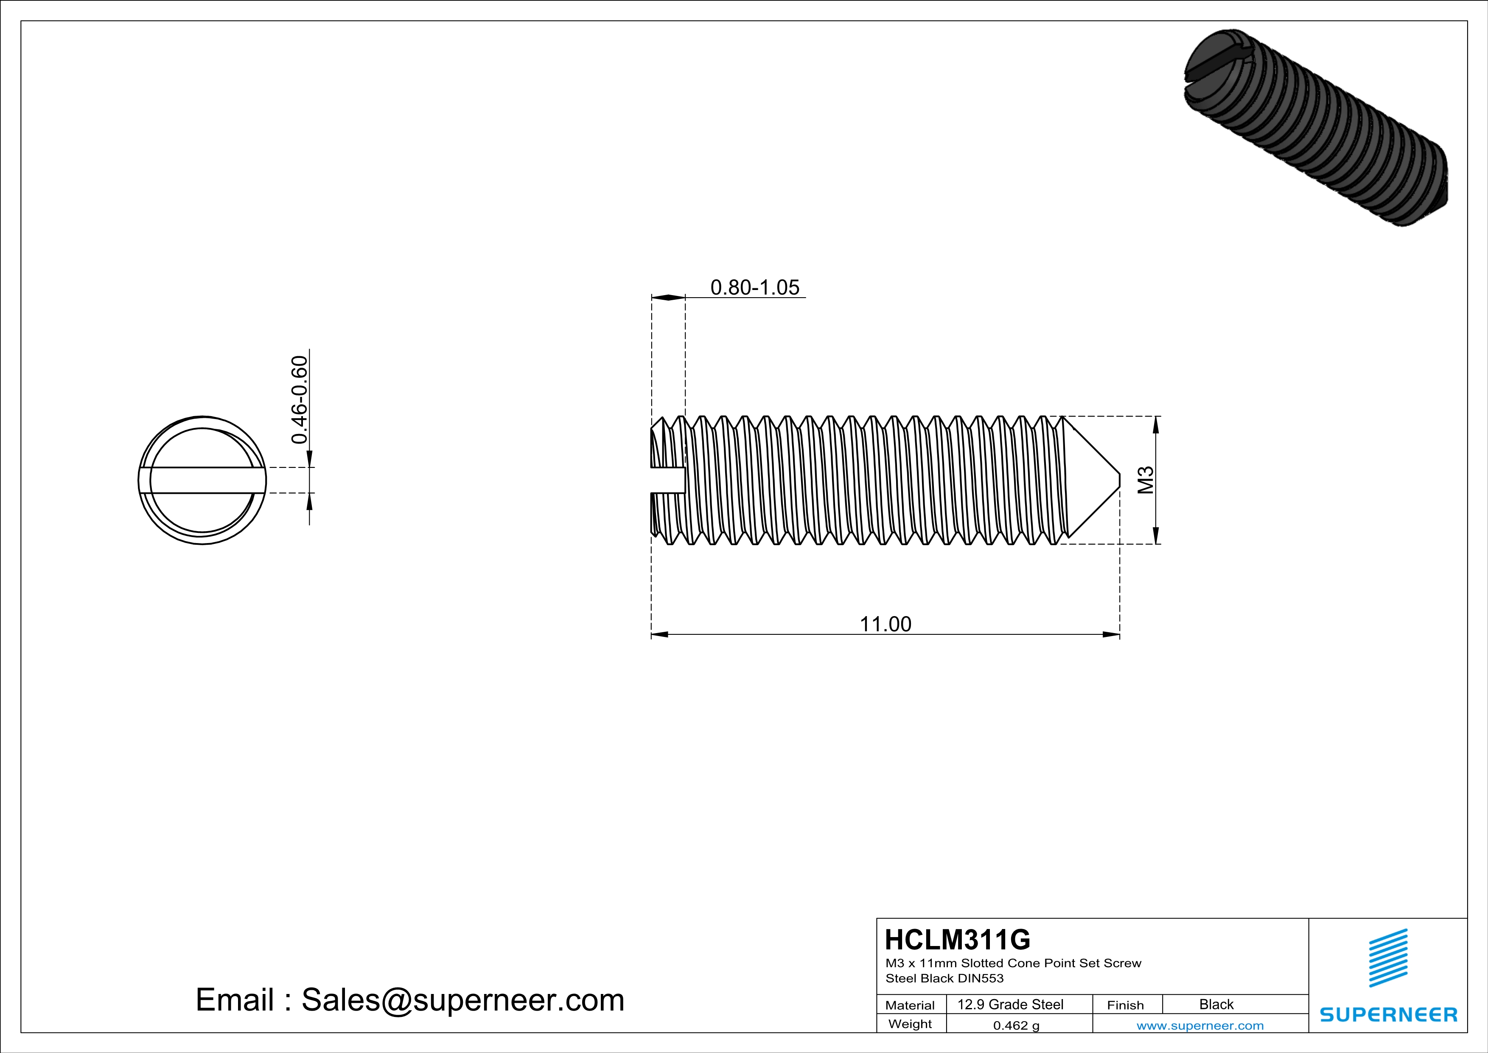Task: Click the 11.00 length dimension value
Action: point(885,624)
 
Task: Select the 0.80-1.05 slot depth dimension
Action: point(755,287)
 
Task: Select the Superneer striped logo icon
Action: point(1388,958)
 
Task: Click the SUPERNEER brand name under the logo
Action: point(1388,1015)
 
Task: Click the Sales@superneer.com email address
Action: point(463,1000)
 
